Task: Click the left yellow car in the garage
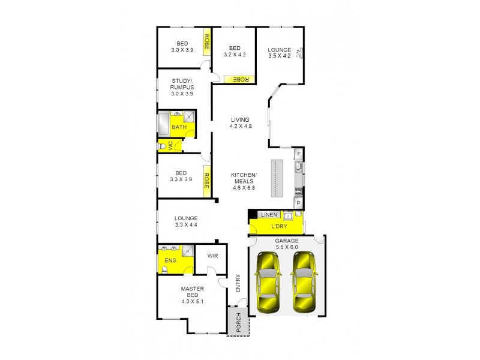[x=268, y=281]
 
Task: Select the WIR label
[x=212, y=256]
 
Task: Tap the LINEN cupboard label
[x=268, y=214]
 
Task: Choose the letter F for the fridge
[x=298, y=154]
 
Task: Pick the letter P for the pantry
[x=298, y=203]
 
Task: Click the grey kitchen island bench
[x=276, y=178]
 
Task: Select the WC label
[x=170, y=146]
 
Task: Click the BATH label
[x=178, y=127]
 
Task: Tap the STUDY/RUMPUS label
[x=182, y=87]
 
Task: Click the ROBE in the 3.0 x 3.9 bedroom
[x=207, y=41]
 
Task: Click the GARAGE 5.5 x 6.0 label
[x=286, y=244]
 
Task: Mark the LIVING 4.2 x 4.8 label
[x=239, y=123]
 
